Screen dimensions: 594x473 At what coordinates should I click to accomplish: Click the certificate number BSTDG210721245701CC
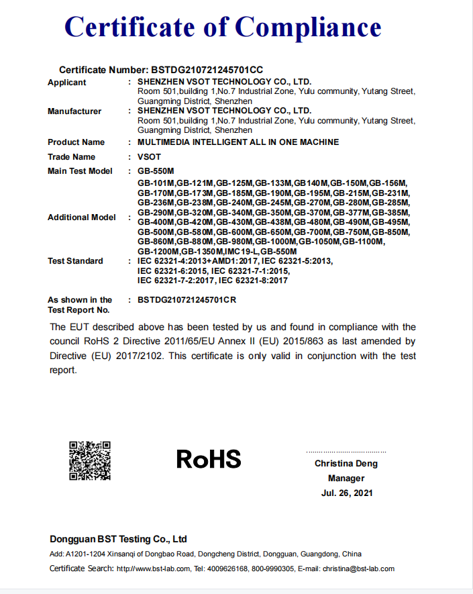207,70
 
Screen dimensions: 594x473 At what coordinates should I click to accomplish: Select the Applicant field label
67,83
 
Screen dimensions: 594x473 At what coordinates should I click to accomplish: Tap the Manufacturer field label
74,111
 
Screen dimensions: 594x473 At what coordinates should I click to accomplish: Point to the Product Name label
76,142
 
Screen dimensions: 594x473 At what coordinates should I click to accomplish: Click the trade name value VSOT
148,157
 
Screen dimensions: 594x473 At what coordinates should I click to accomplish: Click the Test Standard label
75,261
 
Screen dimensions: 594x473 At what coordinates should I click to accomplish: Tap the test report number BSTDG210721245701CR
187,300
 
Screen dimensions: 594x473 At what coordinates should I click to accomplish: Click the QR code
90,460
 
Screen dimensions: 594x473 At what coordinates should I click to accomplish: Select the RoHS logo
209,459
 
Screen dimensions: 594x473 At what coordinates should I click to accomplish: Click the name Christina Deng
346,464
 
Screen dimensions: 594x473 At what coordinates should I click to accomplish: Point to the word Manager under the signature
346,479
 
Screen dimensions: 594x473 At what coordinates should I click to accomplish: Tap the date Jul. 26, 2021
346,493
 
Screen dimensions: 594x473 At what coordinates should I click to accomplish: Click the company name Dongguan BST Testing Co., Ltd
118,539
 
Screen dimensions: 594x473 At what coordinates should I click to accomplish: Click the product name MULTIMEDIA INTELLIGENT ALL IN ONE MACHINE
238,142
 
